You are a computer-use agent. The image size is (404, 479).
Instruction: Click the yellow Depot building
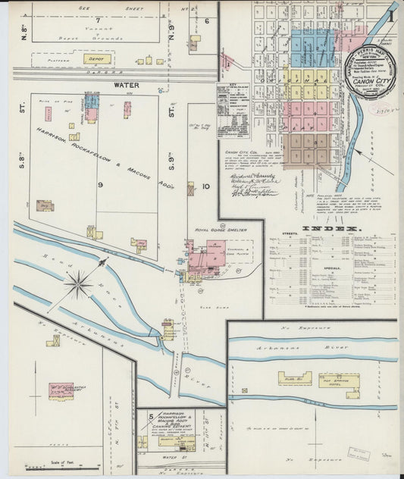click(x=97, y=58)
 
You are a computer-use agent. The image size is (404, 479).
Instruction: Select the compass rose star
click(x=77, y=285)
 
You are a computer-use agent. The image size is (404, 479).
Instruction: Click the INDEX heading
click(x=331, y=228)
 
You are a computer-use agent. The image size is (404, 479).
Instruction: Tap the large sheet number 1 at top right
click(x=390, y=14)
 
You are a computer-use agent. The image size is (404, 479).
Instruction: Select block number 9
click(x=99, y=183)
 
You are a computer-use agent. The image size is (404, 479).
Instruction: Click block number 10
click(x=205, y=186)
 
